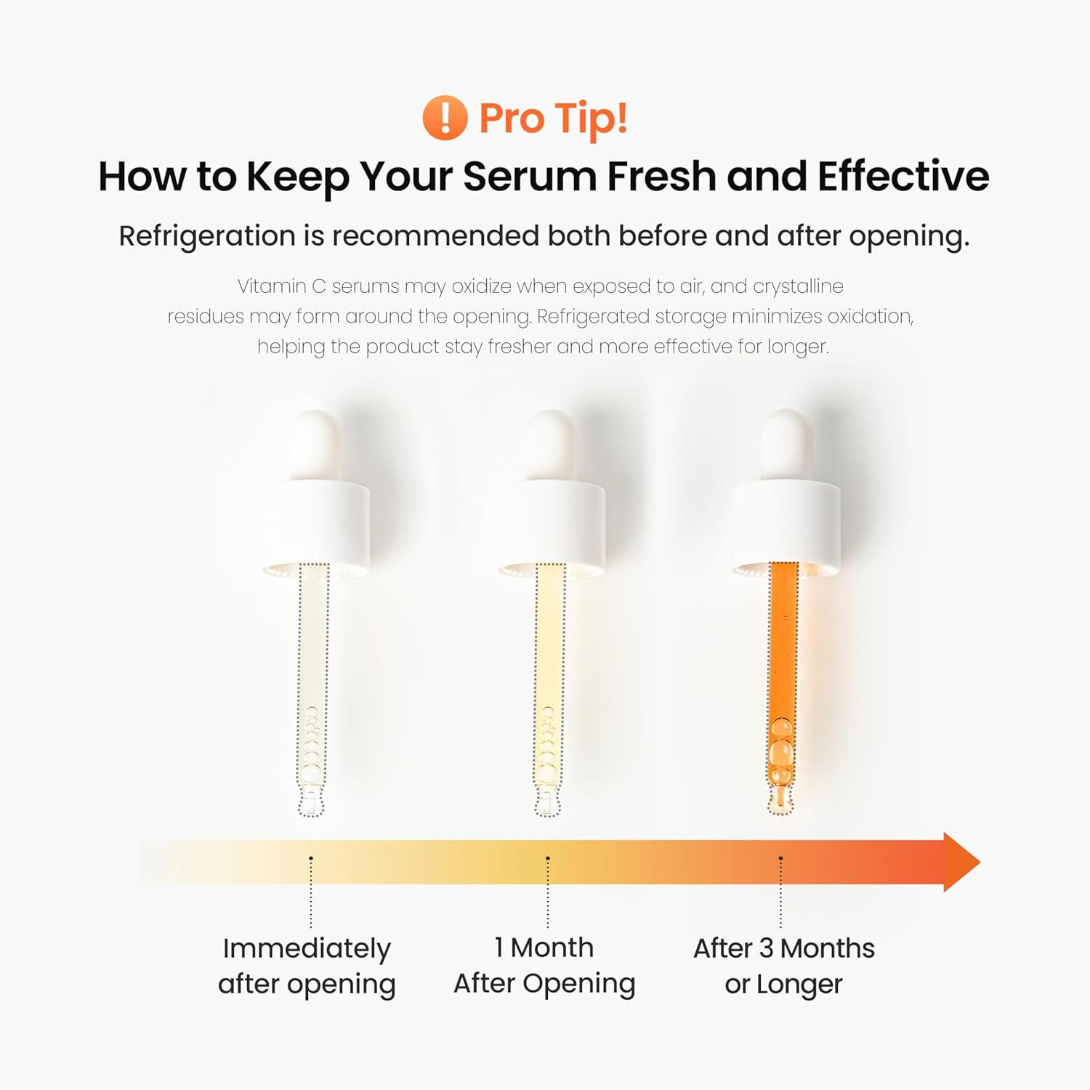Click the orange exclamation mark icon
(444, 118)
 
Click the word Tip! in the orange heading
(590, 118)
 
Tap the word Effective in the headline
(903, 177)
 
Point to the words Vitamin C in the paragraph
(281, 286)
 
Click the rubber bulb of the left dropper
(315, 443)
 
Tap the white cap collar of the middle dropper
(551, 523)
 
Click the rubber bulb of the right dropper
(786, 443)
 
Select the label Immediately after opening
(307, 966)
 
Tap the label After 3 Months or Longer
(783, 966)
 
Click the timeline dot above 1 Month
(548, 858)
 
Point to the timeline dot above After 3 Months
(781, 858)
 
